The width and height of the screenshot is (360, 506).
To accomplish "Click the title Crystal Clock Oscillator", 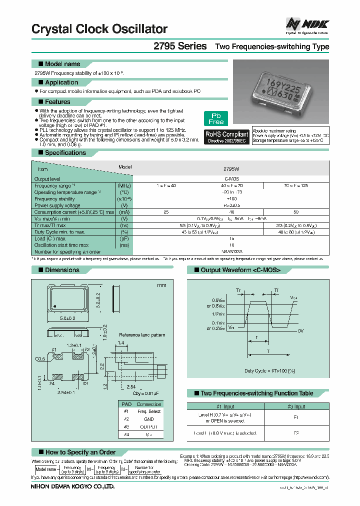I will (x=99, y=29).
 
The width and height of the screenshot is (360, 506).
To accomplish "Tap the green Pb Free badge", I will (x=216, y=118).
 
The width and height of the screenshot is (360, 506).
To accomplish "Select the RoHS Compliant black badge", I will (x=227, y=137).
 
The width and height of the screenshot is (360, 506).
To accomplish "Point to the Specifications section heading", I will (x=65, y=153).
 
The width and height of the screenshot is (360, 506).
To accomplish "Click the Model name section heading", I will (x=62, y=64).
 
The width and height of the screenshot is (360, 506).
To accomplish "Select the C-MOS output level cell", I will (x=231, y=178).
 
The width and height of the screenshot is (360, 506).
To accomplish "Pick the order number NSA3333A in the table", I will (x=231, y=251).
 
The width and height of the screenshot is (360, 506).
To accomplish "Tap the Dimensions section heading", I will (x=62, y=270).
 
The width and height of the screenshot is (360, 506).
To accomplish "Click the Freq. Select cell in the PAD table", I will (x=149, y=411).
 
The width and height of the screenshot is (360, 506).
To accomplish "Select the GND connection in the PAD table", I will (x=149, y=419).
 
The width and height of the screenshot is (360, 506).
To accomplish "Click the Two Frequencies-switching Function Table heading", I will (x=256, y=393).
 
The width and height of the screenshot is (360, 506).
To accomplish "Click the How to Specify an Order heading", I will (x=80, y=452).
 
